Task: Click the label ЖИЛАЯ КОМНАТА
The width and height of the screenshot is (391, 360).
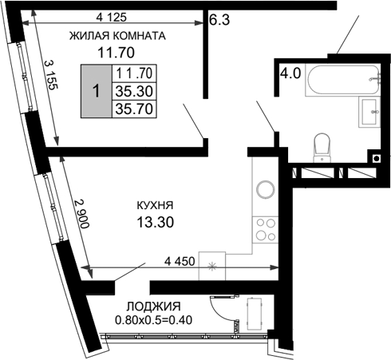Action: point(117,36)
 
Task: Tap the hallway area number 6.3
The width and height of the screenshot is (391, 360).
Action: point(219,21)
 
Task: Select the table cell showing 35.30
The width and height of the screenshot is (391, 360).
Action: point(133,91)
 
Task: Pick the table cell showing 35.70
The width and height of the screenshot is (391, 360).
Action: point(133,108)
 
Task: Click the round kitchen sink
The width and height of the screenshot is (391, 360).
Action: point(264,192)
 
